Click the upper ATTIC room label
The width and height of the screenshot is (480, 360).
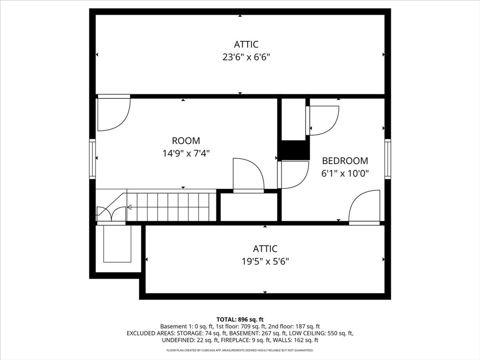tap(246, 45)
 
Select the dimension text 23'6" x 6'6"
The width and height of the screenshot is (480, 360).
tap(246, 57)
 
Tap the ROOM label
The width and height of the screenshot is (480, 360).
tap(186, 141)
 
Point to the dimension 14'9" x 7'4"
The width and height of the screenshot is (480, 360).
tap(186, 153)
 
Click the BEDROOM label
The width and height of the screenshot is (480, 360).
tap(345, 161)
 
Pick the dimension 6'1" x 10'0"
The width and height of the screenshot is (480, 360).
tap(345, 173)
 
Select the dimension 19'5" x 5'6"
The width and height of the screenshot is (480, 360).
tap(265, 261)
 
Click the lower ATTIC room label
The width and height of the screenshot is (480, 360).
tap(265, 249)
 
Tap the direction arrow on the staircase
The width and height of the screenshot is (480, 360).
tap(129, 207)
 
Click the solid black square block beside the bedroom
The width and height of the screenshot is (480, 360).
tap(294, 150)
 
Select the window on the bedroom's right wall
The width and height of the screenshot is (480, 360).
tap(388, 159)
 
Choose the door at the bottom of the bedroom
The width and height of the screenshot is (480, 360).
tap(364, 206)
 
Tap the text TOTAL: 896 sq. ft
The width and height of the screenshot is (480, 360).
tap(240, 319)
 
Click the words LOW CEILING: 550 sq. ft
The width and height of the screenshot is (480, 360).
tap(321, 333)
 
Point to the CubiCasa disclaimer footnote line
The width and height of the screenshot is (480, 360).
tap(240, 350)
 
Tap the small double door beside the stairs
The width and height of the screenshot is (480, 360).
tap(111, 214)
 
